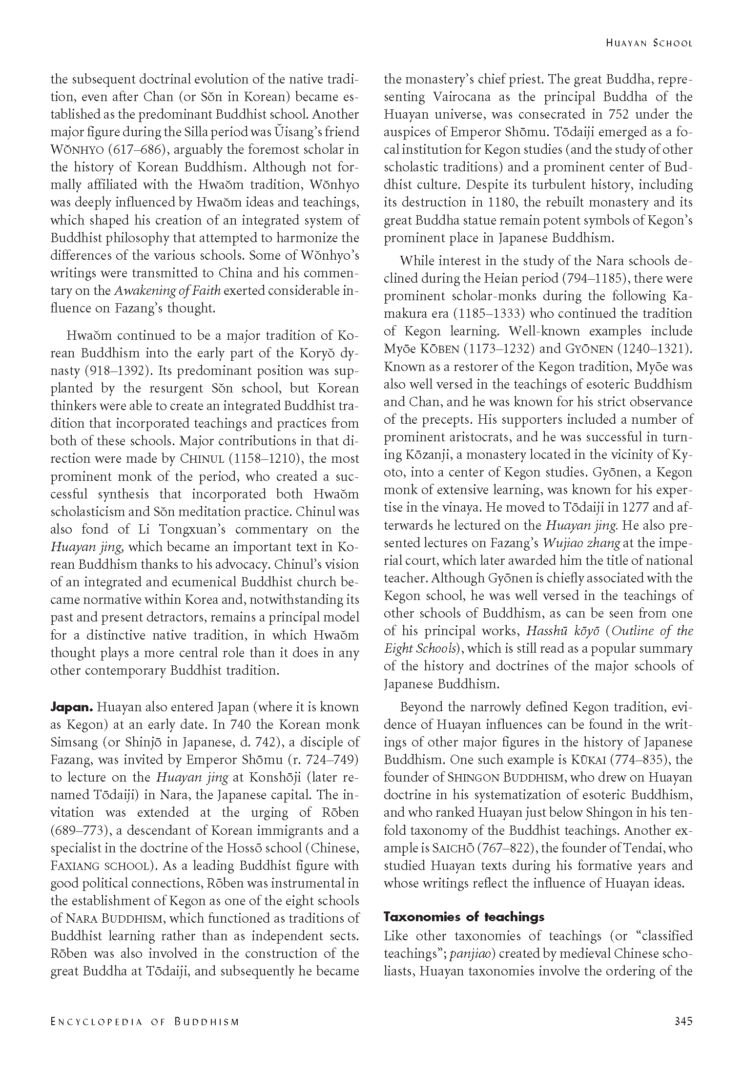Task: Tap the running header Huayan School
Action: [649, 43]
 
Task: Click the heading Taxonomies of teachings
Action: [464, 916]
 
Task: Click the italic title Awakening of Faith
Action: [167, 291]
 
